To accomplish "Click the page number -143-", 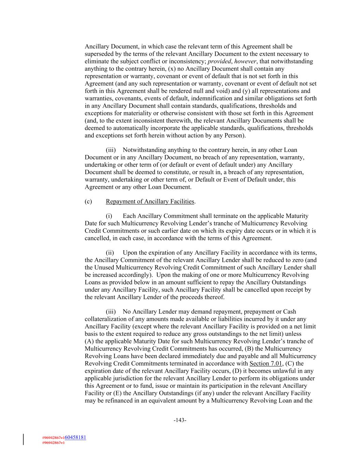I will pos(180,420).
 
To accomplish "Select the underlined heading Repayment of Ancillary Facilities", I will pos(150,201).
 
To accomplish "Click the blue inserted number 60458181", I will pos(75,437).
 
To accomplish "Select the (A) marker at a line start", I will pos(89,341).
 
